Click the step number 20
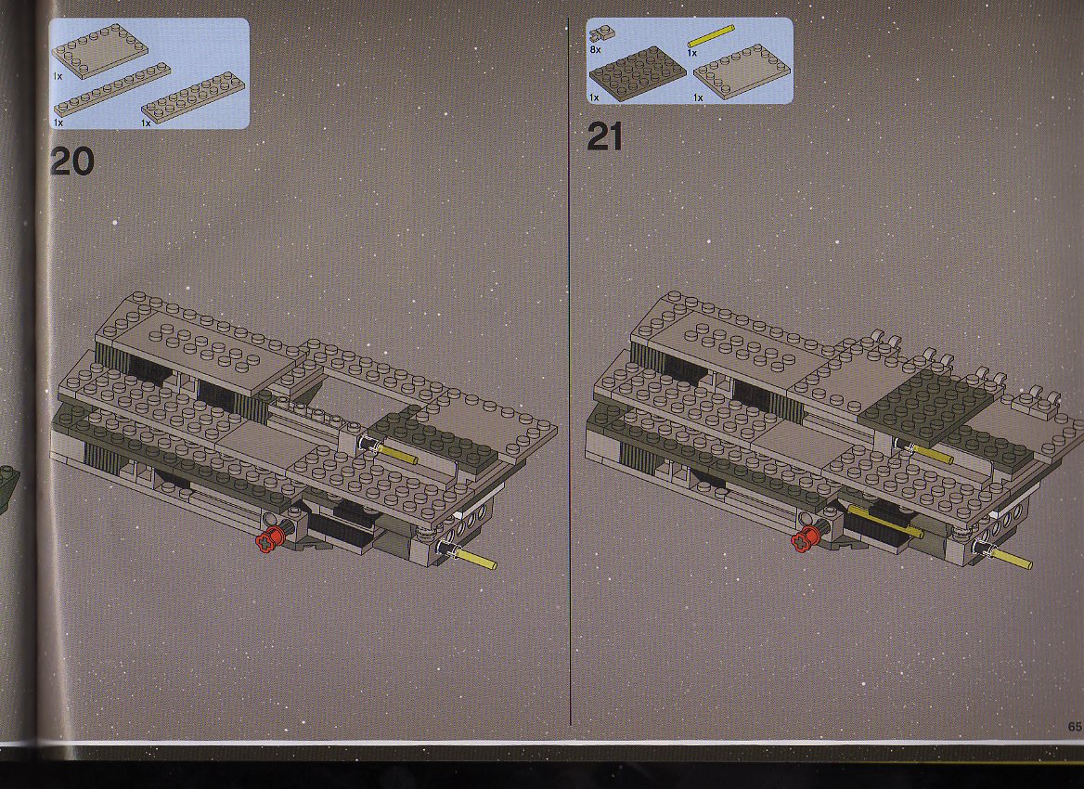pyautogui.click(x=71, y=162)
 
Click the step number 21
pyautogui.click(x=605, y=136)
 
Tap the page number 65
pyautogui.click(x=1075, y=726)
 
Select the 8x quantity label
pyautogui.click(x=595, y=50)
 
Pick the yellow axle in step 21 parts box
pyautogui.click(x=710, y=36)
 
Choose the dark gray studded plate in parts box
pyautogui.click(x=637, y=72)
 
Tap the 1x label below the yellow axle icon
pyautogui.click(x=692, y=53)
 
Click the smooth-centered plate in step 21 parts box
pyautogui.click(x=742, y=71)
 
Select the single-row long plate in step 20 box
pyautogui.click(x=112, y=89)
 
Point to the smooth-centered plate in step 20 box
pyautogui.click(x=99, y=51)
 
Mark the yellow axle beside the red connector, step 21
pyautogui.click(x=884, y=521)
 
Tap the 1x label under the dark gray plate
pyautogui.click(x=594, y=98)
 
